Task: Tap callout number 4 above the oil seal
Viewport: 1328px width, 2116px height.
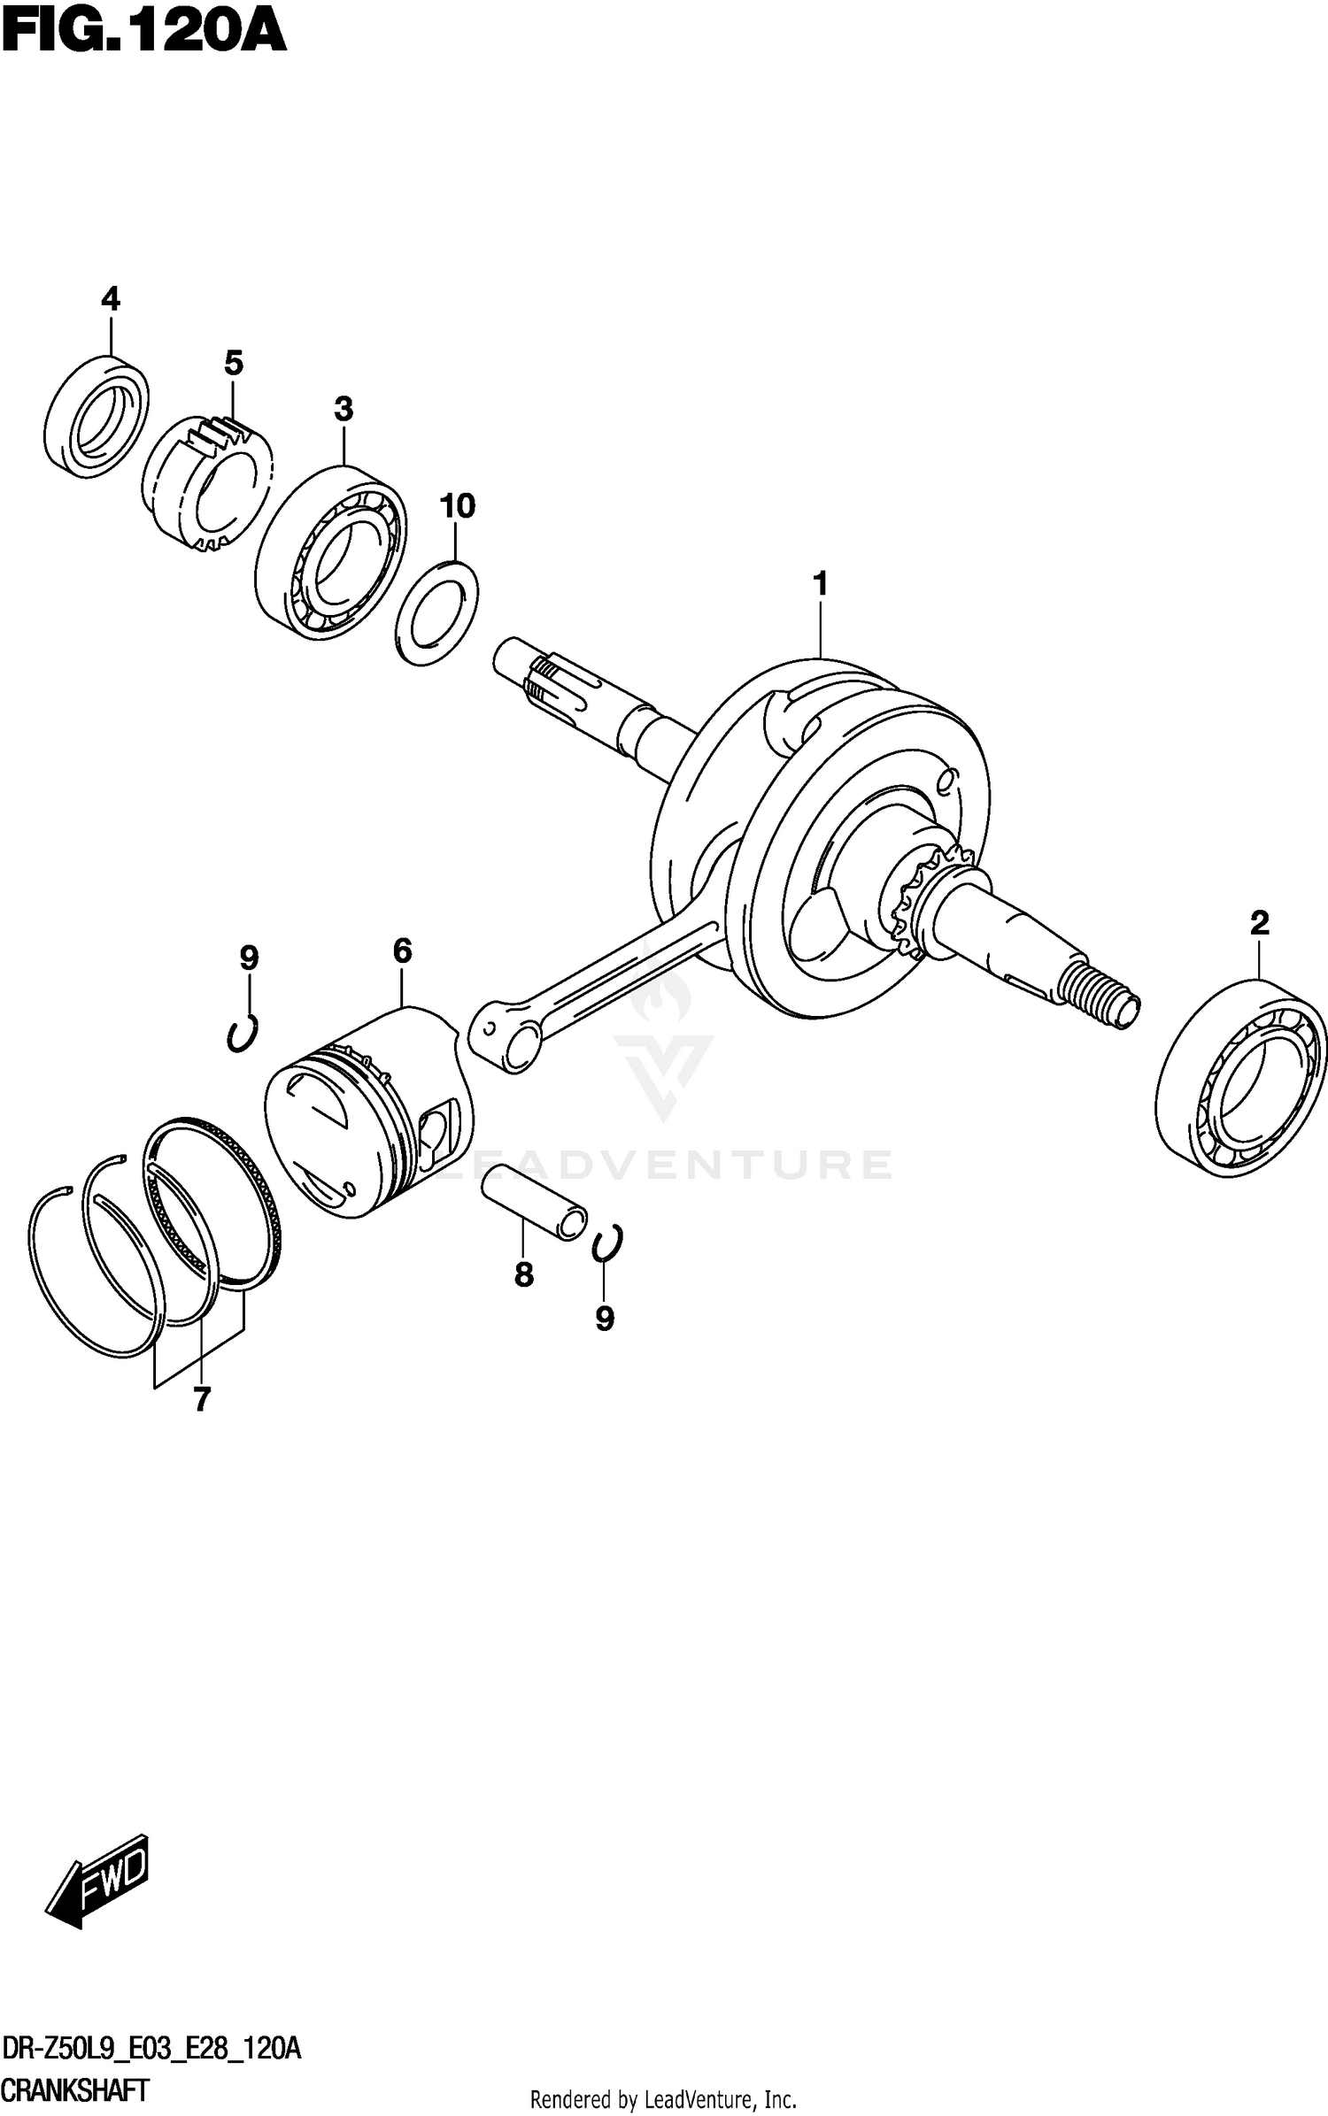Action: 110,300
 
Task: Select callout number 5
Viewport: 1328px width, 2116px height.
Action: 233,363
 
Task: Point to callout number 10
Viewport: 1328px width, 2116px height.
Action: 457,506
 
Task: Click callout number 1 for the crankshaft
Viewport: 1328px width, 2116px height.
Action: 820,584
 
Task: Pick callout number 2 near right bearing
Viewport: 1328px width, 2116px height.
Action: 1259,923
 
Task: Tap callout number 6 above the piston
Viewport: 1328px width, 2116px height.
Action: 402,951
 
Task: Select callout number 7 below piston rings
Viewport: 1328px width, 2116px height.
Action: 202,1399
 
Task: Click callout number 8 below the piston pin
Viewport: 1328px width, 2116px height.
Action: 523,1274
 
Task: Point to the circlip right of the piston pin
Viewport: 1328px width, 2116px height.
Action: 608,1242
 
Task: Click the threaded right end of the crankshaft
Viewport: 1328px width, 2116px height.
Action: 1103,996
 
